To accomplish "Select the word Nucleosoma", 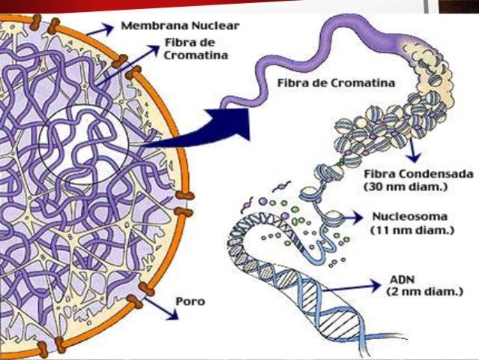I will [x=409, y=217].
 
